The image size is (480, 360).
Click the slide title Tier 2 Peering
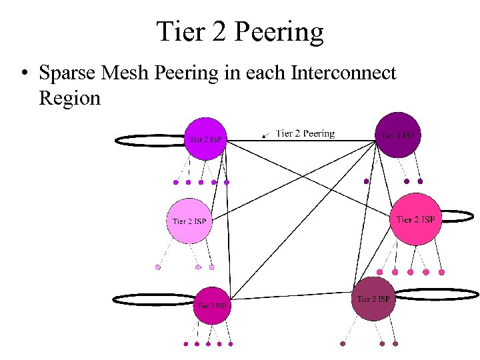240,31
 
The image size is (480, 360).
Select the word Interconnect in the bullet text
344,73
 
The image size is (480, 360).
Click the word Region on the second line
69,98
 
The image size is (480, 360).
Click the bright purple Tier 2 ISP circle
205,138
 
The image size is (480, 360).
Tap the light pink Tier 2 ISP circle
189,220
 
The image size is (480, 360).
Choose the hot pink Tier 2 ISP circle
415,219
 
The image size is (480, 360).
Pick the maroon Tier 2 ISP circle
373,299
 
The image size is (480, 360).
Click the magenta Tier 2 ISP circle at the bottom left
212,305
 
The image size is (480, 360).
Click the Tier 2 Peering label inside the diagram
305,133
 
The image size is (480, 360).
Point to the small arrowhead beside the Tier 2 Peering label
264,135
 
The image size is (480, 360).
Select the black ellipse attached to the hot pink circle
459,216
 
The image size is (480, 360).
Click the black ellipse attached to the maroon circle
436,294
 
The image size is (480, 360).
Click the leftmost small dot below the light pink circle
158,267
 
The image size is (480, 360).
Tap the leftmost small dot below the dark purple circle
366,181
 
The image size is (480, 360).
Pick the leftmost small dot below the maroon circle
343,344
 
